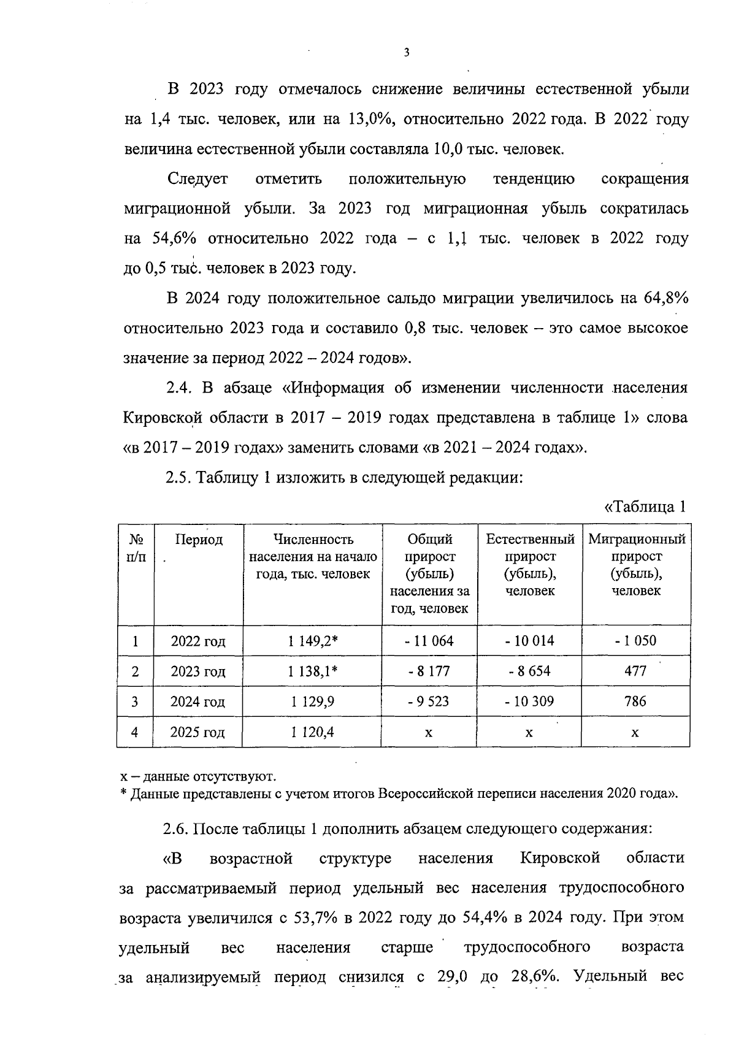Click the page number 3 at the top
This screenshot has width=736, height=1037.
pos(406,53)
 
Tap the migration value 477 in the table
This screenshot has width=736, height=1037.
pos(635,671)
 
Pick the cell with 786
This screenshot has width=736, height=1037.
pos(635,701)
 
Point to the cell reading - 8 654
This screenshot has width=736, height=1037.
pos(529,671)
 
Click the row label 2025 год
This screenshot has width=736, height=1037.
pos(197,732)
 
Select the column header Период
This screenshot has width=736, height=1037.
pos(199,540)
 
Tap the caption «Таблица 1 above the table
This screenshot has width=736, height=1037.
pos(644,507)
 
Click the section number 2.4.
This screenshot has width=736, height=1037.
pos(178,388)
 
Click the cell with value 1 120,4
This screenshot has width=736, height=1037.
pos(312,732)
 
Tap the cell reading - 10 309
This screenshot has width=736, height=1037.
pos(529,701)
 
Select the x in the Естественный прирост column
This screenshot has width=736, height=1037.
pos(529,732)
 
